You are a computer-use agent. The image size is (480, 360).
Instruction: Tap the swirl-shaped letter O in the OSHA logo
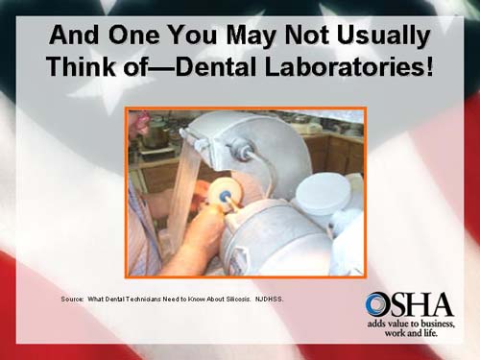pos(377,305)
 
